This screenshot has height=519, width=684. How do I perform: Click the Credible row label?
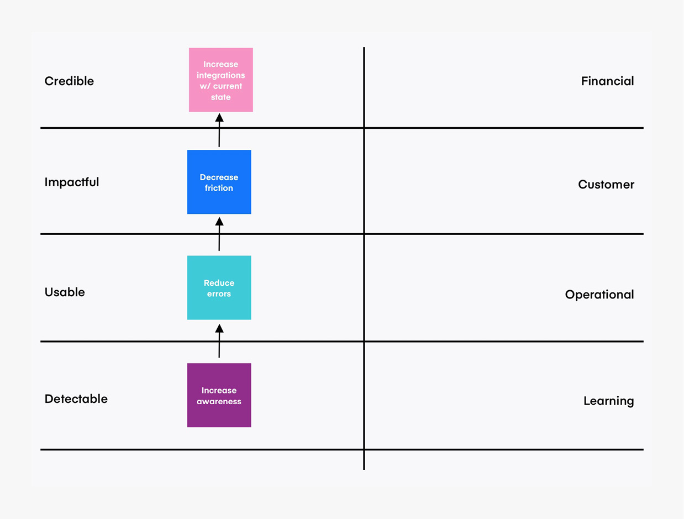tap(69, 81)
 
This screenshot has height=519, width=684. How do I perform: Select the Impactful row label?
tap(72, 182)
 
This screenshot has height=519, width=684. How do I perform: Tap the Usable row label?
tap(65, 292)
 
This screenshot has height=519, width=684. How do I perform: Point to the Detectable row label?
tap(76, 399)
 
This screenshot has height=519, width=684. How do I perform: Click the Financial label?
tap(607, 81)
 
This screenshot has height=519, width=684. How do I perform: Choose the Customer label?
tap(606, 185)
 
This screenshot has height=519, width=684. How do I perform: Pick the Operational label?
tap(599, 295)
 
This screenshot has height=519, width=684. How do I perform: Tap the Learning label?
tap(608, 401)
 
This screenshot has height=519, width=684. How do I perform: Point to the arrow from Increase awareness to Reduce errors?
tap(219, 342)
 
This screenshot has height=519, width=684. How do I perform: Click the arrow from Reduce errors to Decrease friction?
tap(219, 234)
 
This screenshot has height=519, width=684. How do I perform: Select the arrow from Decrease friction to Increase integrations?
tap(219, 130)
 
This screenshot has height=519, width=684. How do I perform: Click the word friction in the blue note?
tap(219, 188)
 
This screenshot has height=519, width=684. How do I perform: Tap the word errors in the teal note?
tap(219, 294)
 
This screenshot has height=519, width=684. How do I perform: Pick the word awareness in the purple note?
tap(219, 402)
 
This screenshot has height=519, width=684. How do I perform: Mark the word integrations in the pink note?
tap(221, 75)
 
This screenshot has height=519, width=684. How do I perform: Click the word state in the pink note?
tap(221, 97)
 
